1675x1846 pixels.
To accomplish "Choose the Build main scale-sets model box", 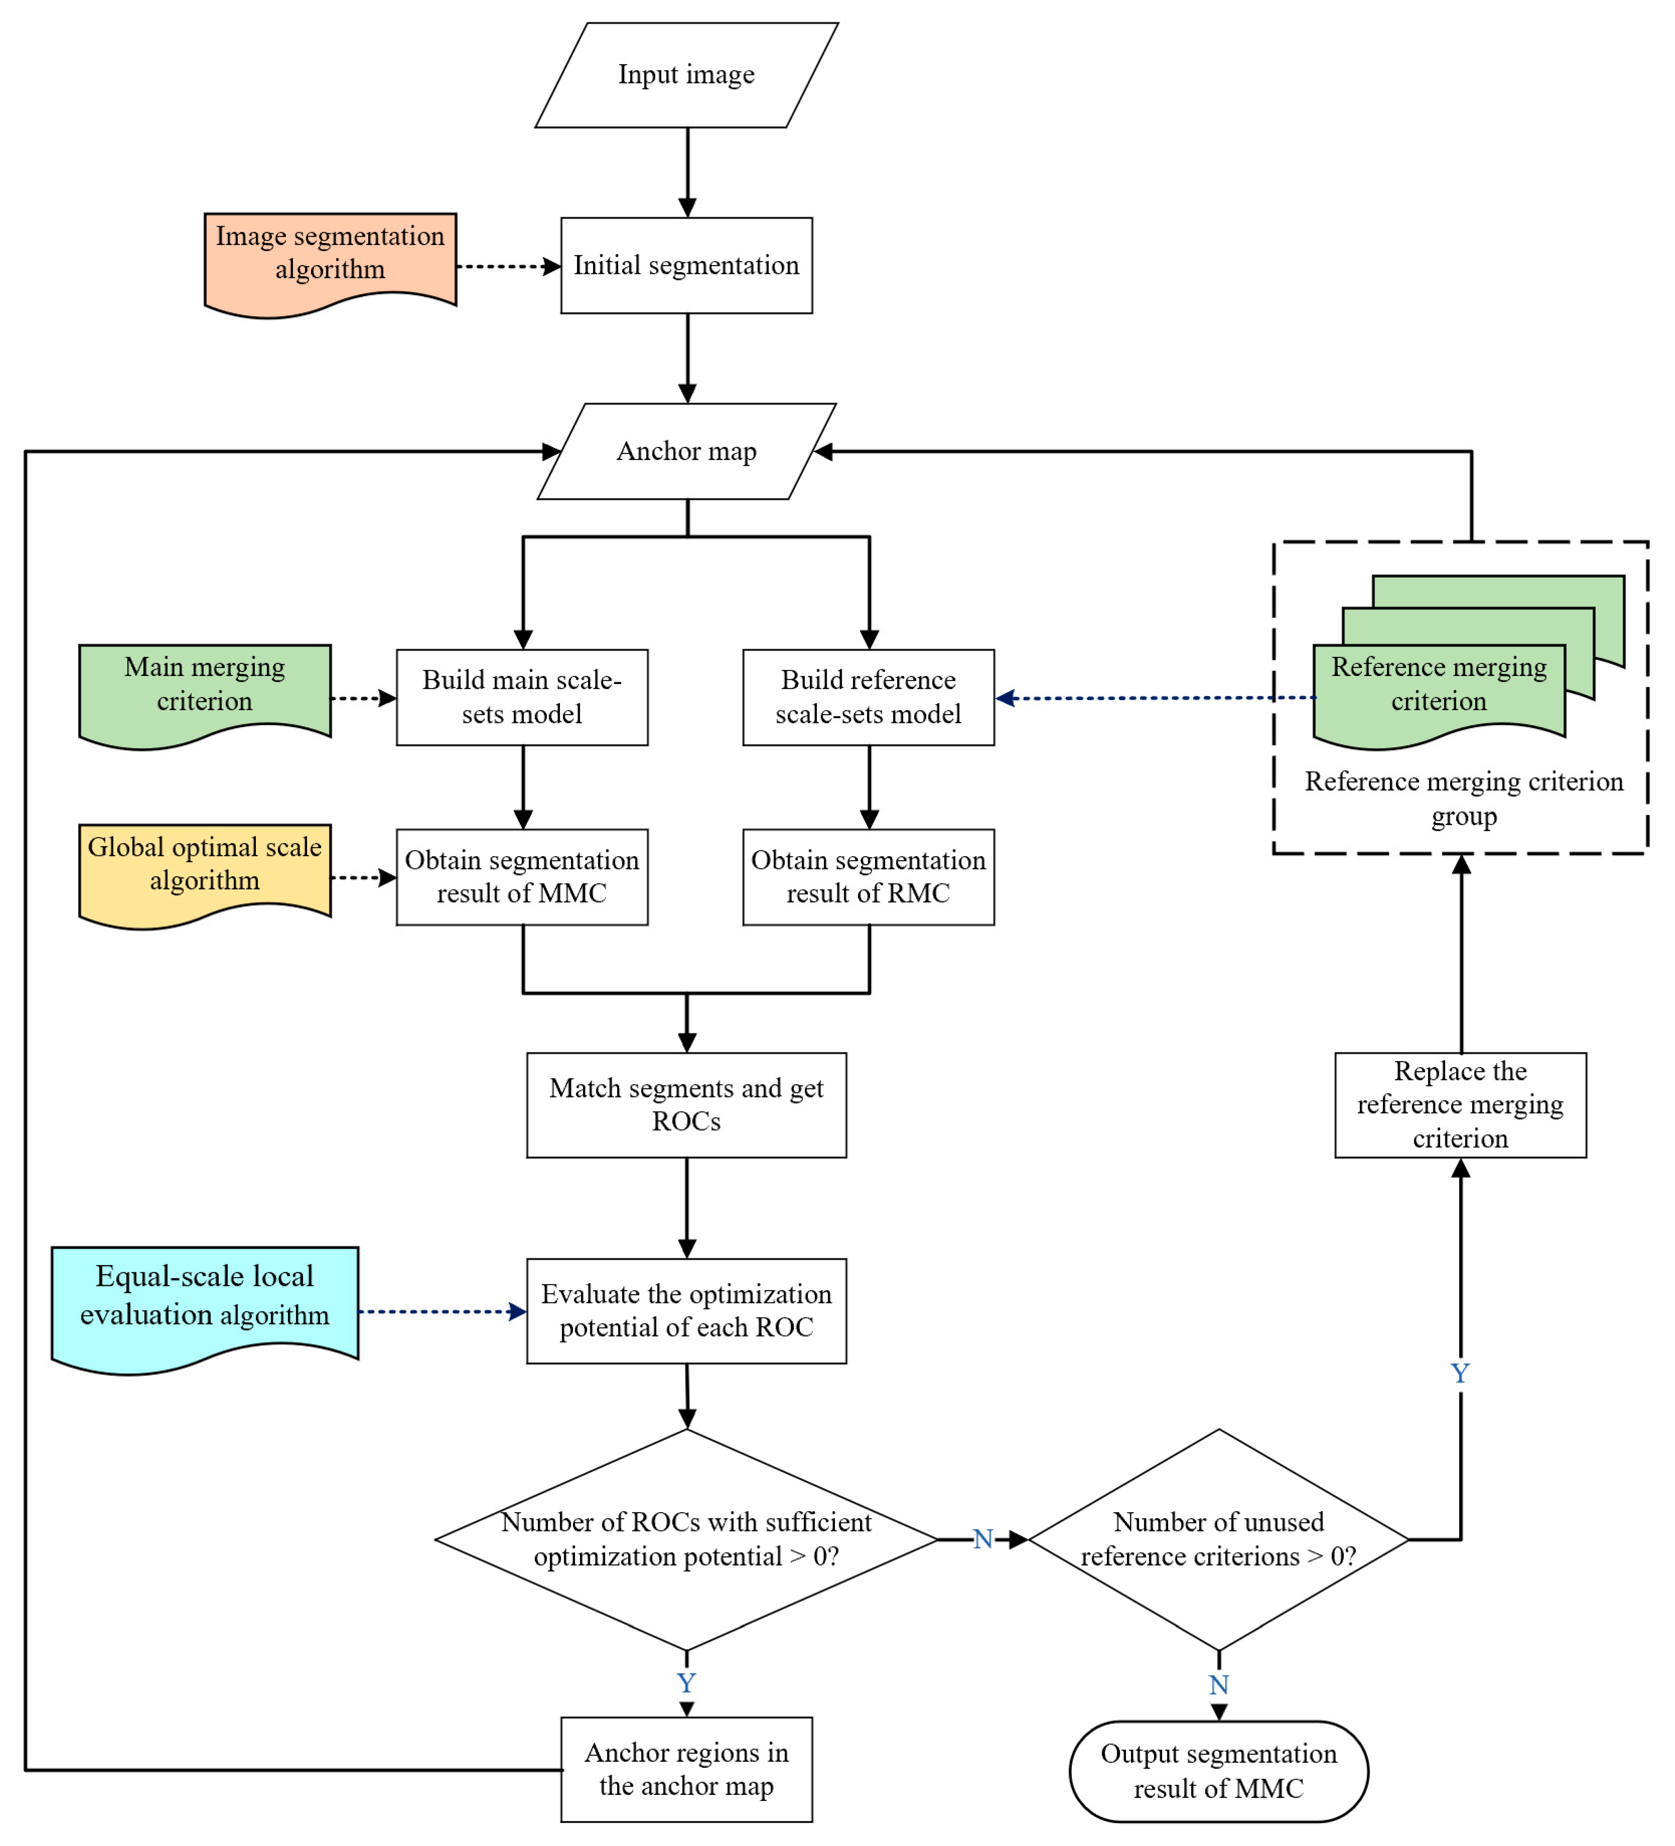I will pyautogui.click(x=522, y=698).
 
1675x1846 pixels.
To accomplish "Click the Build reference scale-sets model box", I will pyautogui.click(x=868, y=698).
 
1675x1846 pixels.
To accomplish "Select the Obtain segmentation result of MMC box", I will pyautogui.click(x=522, y=877).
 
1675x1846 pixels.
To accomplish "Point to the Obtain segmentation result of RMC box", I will pyautogui.click(x=868, y=877).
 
